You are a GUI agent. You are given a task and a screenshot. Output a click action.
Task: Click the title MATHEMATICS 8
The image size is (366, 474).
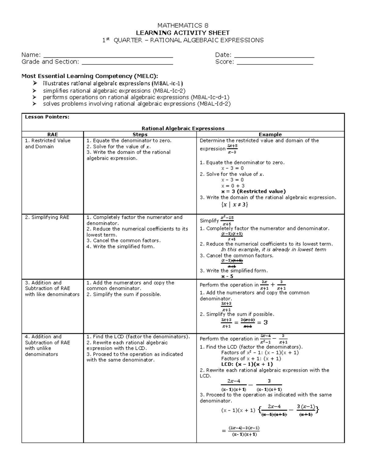tap(183, 25)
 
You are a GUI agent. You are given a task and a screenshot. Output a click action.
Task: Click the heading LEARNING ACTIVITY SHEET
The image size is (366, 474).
tap(183, 33)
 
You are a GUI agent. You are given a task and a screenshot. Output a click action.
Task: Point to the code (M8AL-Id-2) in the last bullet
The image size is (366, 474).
tap(213, 104)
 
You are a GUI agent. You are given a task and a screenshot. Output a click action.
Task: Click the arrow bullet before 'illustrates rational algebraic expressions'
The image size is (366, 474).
tap(35, 83)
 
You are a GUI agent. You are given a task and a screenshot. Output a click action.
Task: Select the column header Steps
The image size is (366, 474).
tap(140, 134)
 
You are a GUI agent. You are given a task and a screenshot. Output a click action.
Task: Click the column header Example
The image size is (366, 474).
tap(270, 134)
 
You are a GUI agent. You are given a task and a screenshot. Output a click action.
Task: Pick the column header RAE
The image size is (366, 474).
tap(52, 134)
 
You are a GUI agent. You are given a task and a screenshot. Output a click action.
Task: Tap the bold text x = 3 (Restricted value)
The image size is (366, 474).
tap(253, 191)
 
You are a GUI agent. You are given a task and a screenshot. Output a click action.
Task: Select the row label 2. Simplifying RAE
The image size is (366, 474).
tap(47, 217)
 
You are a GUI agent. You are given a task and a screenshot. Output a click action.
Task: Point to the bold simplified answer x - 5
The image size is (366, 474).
tap(227, 276)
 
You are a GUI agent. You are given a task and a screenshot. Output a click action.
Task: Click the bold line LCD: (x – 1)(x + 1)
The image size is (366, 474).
tap(247, 364)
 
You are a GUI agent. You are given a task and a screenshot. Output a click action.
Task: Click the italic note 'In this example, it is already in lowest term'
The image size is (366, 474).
tap(273, 250)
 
